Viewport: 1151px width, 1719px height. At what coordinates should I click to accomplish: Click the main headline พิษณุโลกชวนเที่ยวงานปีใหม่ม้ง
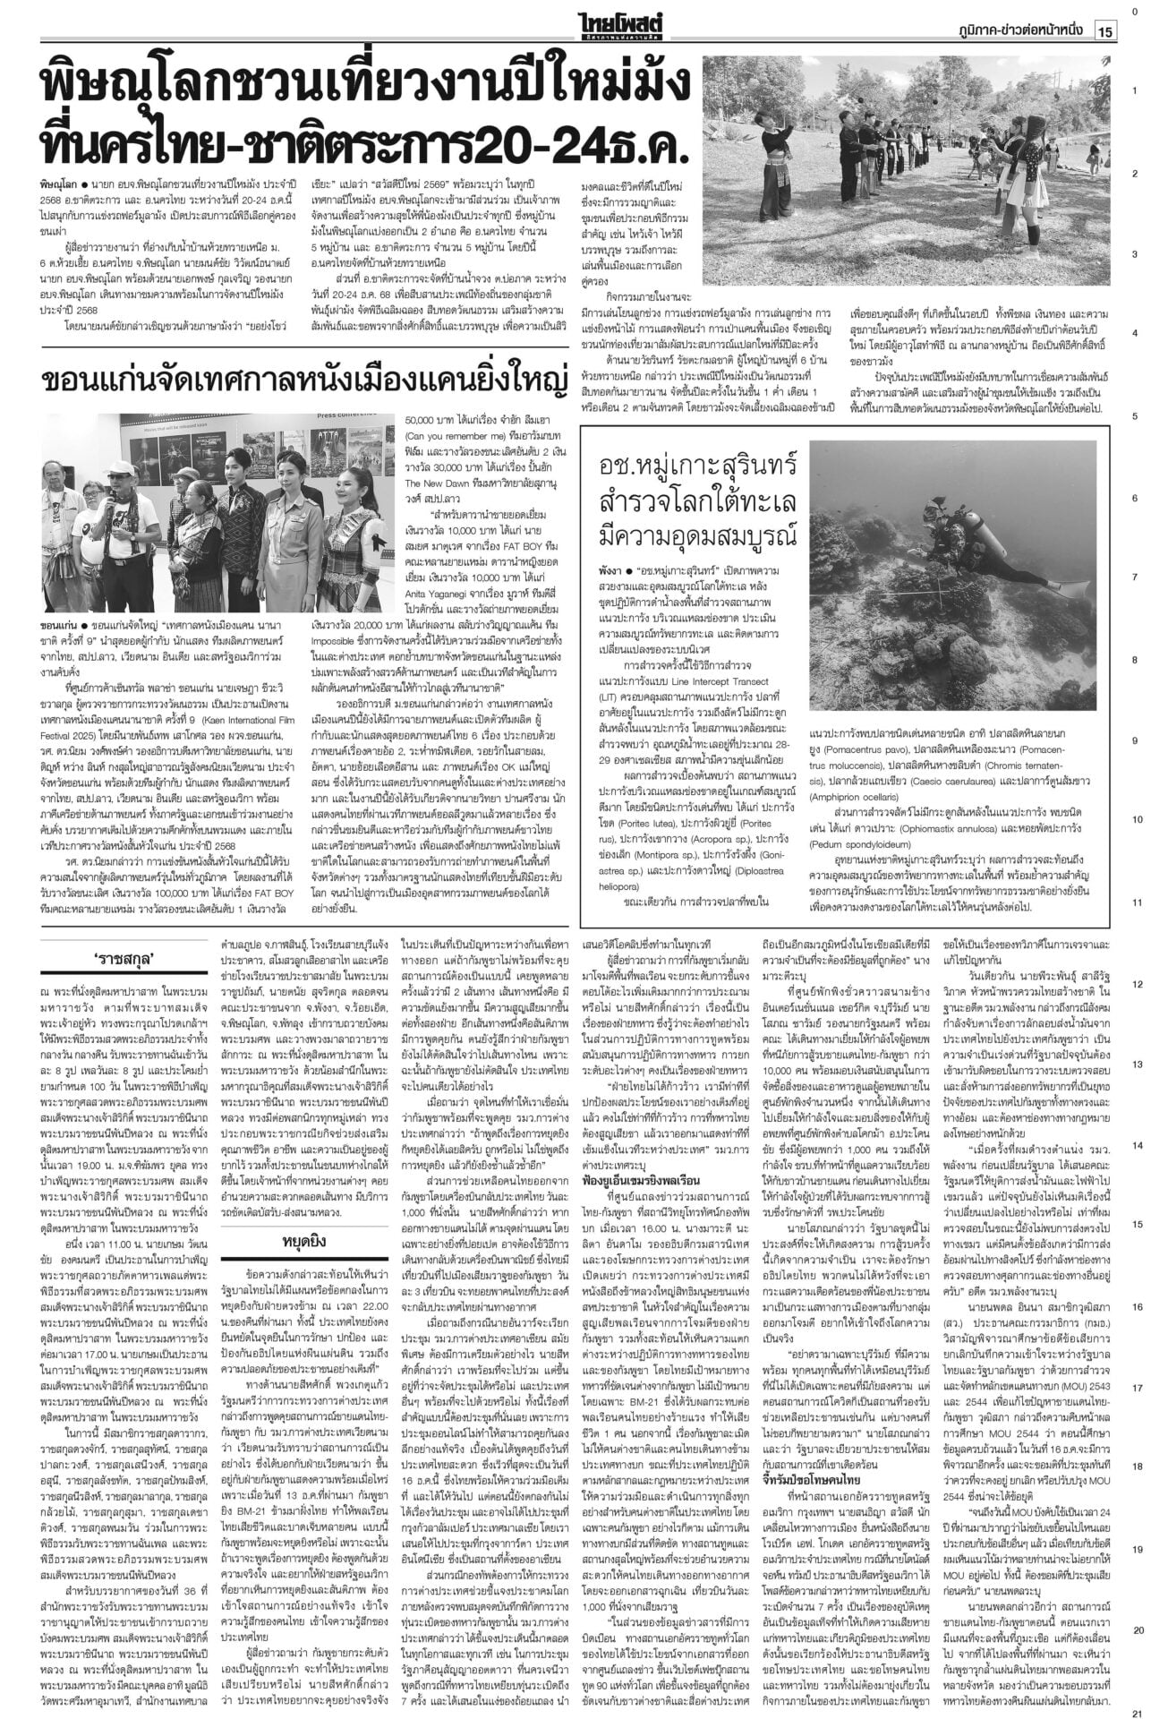[367, 90]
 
